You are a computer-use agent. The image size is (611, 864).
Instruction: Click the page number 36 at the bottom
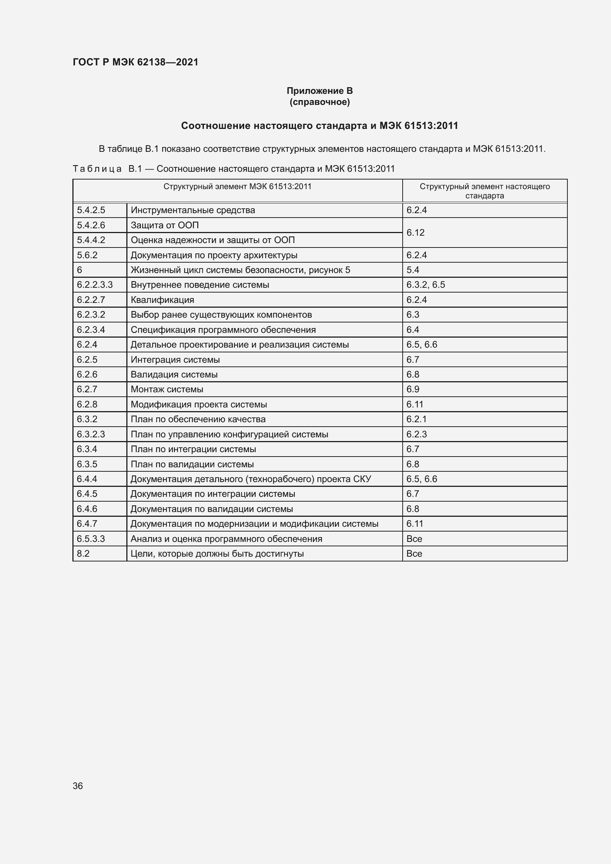point(78,786)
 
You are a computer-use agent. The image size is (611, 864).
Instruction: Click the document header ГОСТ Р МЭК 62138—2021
point(136,62)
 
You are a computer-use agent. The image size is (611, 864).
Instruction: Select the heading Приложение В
point(320,91)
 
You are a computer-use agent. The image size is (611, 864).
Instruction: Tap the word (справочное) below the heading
point(320,102)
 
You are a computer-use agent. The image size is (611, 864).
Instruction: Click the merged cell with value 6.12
point(415,233)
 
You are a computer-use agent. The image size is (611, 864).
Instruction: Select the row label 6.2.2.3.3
point(95,285)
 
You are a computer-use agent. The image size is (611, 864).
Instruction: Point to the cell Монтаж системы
point(167,389)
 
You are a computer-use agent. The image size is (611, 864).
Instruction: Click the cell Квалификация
point(162,300)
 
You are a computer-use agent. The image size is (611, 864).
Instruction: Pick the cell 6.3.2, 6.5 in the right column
point(426,285)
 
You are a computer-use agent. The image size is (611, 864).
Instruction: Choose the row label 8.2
point(83,554)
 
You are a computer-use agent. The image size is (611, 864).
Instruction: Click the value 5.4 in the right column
point(413,270)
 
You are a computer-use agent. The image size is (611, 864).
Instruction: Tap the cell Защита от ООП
point(164,225)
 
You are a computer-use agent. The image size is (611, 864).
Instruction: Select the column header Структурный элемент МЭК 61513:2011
point(238,187)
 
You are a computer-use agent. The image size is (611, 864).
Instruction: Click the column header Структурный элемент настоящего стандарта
point(485,191)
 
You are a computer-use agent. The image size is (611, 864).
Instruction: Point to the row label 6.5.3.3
point(91,539)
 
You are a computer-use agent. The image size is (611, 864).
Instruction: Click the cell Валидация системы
point(174,375)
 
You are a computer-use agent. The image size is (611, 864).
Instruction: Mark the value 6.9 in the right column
point(413,389)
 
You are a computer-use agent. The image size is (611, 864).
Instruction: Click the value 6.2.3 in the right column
point(416,434)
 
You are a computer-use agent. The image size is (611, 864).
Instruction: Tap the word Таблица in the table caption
point(97,168)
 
